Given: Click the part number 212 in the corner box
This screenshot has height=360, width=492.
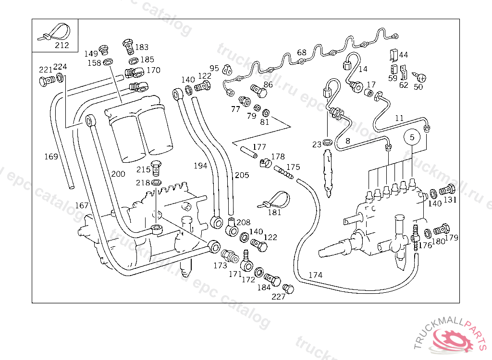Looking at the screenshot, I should point(61,46).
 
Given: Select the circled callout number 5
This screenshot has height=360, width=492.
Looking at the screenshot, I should point(412,137).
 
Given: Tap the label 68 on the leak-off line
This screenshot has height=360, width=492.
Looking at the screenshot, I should point(301,52).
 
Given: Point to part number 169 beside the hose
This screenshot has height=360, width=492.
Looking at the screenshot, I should point(51,156).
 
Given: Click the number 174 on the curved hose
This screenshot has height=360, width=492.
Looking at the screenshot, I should point(315,275).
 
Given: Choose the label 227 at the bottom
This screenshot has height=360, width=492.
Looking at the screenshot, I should point(278,297).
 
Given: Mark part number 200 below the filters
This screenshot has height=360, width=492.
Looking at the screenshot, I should point(118,174).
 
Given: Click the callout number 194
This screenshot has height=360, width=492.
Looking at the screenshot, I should point(200,166).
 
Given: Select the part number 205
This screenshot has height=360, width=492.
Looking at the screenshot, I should point(242,175).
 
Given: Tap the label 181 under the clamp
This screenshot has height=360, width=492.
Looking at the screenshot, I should point(274,212).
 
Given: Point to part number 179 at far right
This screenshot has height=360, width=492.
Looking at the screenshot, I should point(452,238).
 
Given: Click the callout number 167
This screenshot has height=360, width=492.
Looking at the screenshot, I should point(82,205).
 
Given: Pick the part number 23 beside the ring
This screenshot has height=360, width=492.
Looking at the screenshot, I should point(317,144).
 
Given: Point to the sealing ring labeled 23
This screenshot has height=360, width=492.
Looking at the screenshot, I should point(328,142).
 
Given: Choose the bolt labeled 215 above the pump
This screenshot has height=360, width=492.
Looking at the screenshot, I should point(156,167).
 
